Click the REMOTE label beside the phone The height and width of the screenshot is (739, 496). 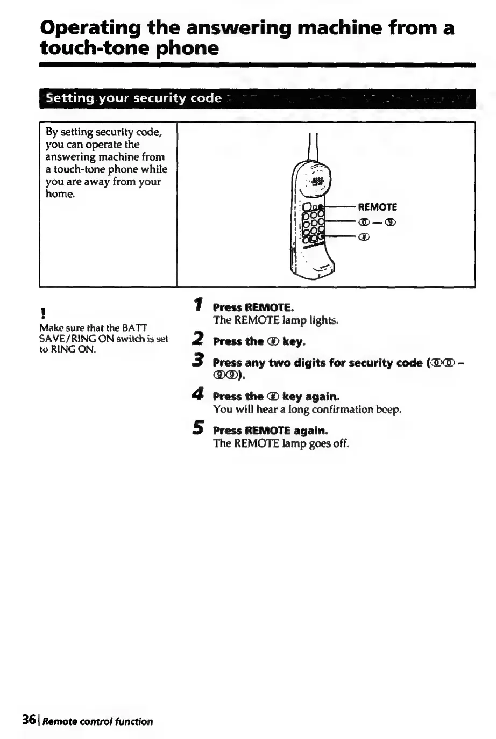[378, 207]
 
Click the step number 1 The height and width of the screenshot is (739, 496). [199, 305]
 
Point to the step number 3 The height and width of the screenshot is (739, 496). [199, 360]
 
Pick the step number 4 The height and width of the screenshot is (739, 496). [199, 394]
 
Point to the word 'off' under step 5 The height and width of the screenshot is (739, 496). [341, 443]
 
